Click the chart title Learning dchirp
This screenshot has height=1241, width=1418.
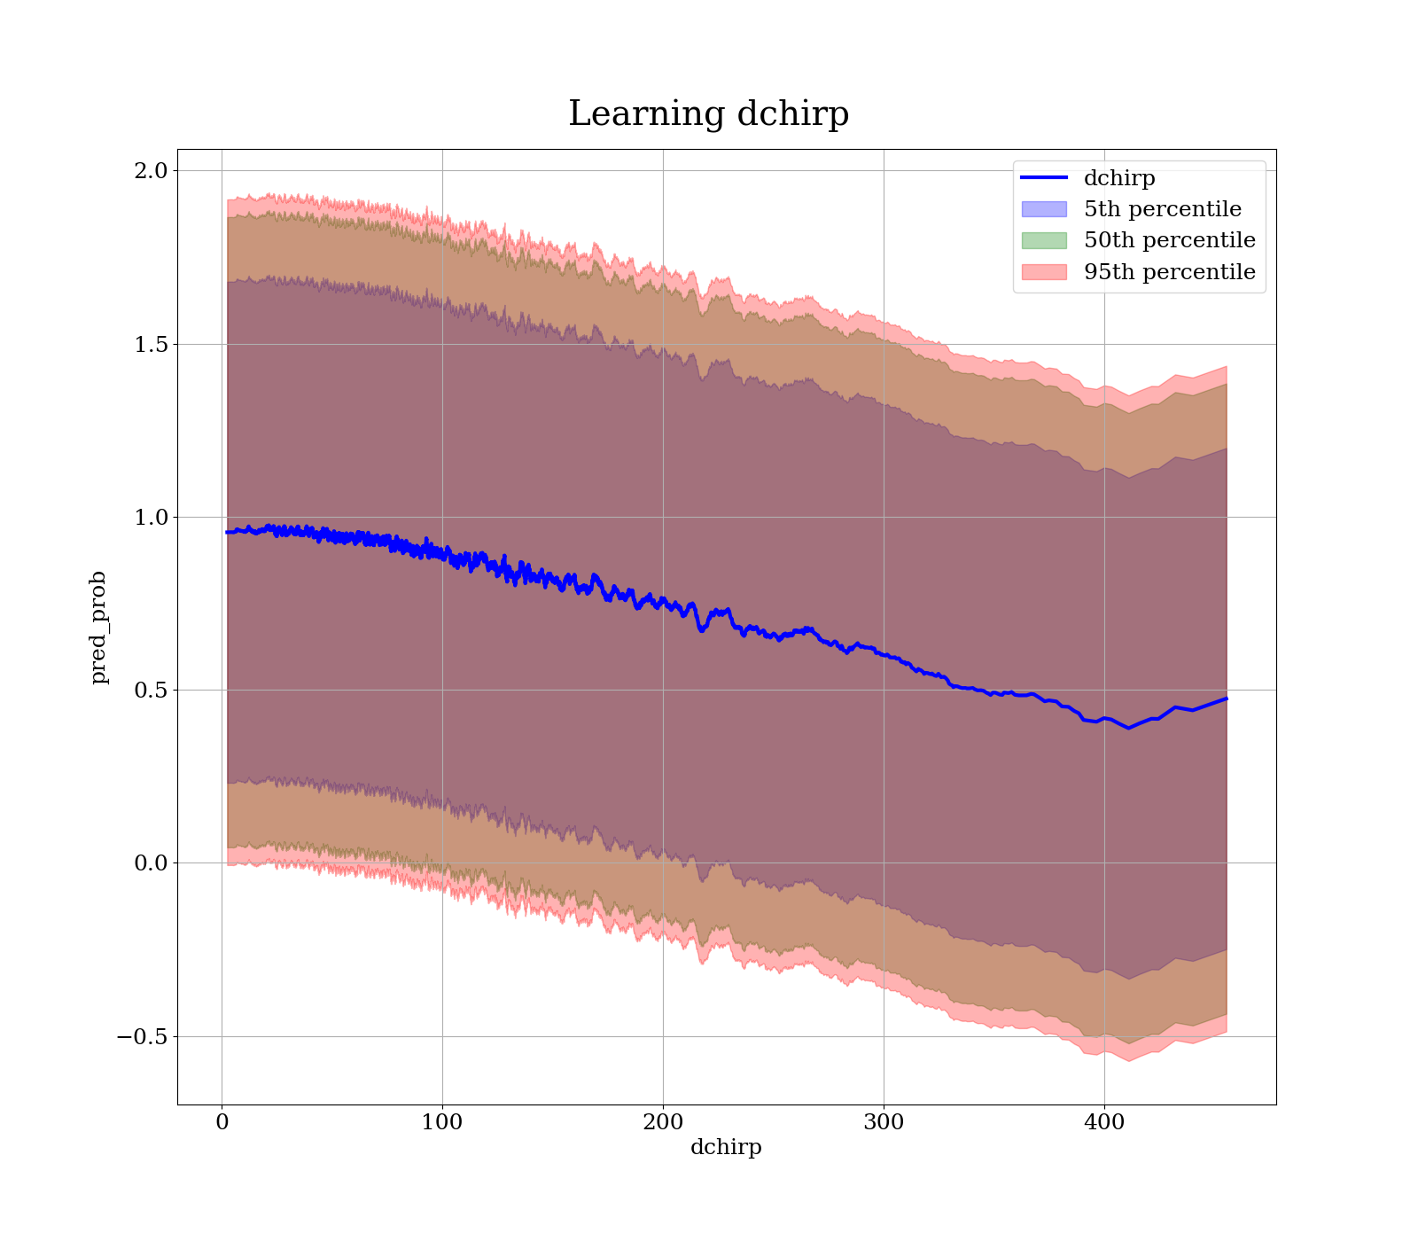[x=708, y=114]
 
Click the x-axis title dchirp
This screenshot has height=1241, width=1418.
[x=726, y=1147]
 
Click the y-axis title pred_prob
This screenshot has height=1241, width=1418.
[x=99, y=628]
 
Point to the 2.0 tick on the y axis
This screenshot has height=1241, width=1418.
[x=149, y=170]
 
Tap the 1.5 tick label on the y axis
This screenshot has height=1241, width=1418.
[x=149, y=344]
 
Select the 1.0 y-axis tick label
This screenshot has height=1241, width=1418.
[x=149, y=517]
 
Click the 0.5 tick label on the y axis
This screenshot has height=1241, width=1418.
[x=149, y=690]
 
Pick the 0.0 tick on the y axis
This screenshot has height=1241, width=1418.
[x=149, y=862]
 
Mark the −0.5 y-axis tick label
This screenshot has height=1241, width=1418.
[x=142, y=1036]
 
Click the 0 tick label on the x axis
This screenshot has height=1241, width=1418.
[x=222, y=1122]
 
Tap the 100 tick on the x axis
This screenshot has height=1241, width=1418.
[x=442, y=1122]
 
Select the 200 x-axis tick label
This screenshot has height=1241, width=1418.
[x=663, y=1122]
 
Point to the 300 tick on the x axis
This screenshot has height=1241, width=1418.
[x=884, y=1122]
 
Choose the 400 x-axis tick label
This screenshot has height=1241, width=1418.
[x=1104, y=1122]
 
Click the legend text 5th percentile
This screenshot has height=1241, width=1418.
[x=1162, y=209]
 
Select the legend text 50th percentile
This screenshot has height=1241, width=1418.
[x=1169, y=240]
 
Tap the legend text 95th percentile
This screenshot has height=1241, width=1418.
[x=1169, y=272]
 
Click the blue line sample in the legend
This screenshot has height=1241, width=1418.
[x=1044, y=178]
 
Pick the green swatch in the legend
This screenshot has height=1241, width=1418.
[x=1044, y=240]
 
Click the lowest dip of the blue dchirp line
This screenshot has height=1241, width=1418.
[x=1128, y=728]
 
